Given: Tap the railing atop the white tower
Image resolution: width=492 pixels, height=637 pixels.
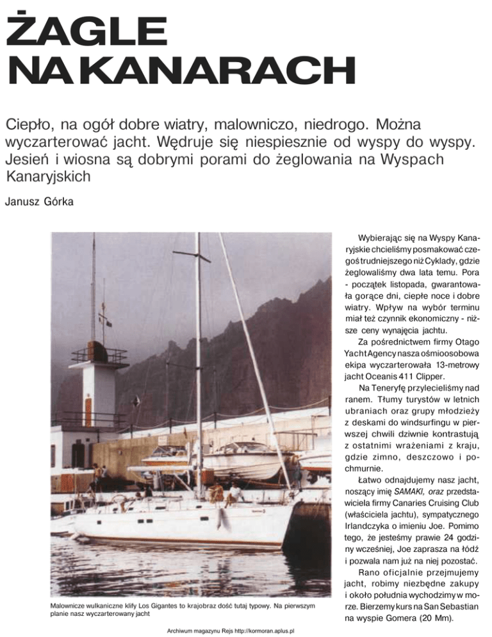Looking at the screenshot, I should tap(99, 354).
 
